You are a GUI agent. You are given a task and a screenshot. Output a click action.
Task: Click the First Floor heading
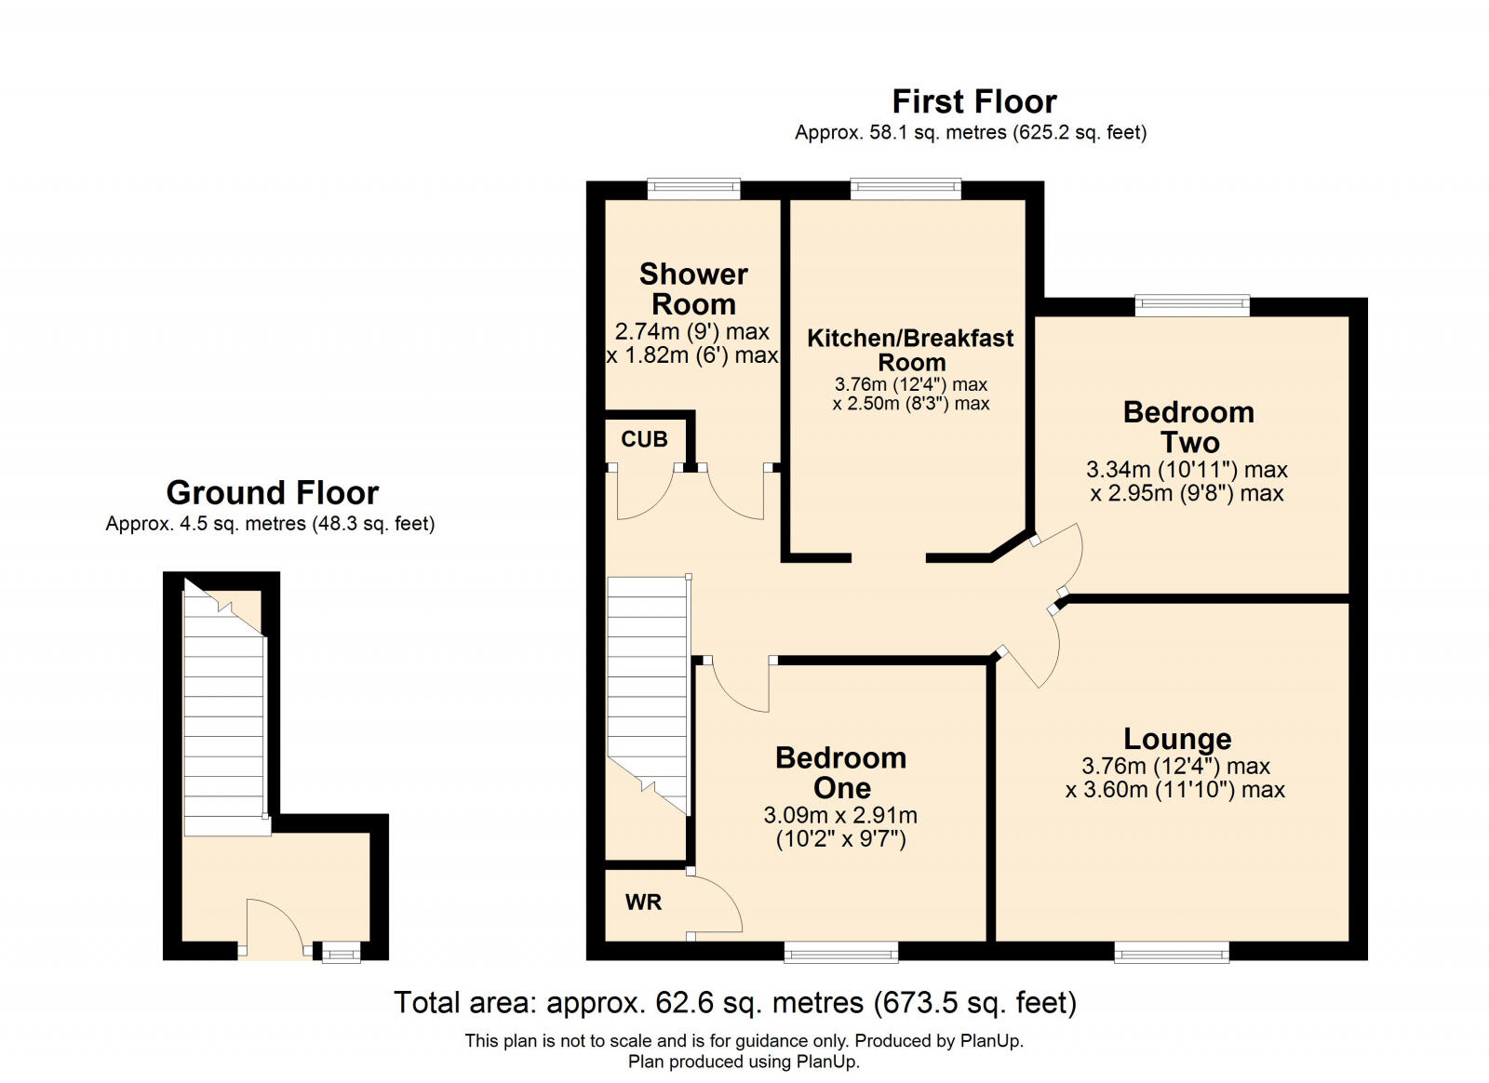coord(973,100)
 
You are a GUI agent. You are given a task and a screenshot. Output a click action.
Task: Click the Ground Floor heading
coord(272,492)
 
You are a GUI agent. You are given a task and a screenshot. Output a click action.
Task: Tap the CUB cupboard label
coord(644,439)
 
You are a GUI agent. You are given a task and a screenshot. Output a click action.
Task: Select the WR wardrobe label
coord(643,902)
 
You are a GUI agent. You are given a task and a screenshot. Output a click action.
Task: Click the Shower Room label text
coord(693,288)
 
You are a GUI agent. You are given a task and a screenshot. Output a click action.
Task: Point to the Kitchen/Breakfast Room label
coord(910,350)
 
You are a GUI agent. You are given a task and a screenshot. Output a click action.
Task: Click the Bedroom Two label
coord(1188,426)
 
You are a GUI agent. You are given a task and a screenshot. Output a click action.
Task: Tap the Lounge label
coord(1176,738)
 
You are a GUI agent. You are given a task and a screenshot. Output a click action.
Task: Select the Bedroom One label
coord(840,772)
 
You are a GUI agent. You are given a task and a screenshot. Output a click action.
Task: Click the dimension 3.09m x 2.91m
coord(840,815)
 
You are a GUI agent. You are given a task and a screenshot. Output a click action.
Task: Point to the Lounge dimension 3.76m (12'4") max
coord(1175,766)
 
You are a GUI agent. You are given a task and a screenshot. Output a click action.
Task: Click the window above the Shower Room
coord(693,189)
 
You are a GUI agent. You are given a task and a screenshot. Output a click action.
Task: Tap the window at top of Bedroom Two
coord(1191,305)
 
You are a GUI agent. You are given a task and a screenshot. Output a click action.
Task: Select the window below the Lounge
coord(1172,951)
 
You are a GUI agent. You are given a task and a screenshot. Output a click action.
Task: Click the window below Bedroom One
coord(840,951)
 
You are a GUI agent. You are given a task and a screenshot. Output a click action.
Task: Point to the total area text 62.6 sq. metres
coord(735,1003)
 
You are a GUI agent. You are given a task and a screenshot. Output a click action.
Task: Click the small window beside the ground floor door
coord(341,952)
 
